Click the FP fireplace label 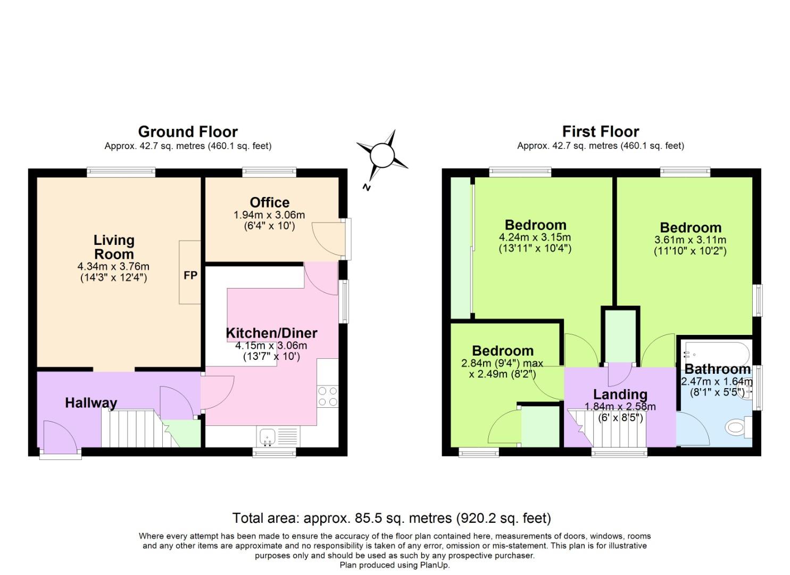190,275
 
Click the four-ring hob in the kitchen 327,396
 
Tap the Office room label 270,202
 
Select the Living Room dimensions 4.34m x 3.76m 113,266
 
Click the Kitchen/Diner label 271,333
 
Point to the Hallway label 91,402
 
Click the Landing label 620,395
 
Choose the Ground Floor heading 188,132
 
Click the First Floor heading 601,132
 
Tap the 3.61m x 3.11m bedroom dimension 690,240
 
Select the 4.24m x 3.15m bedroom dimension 535,237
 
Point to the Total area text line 392,518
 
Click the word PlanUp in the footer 434,565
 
